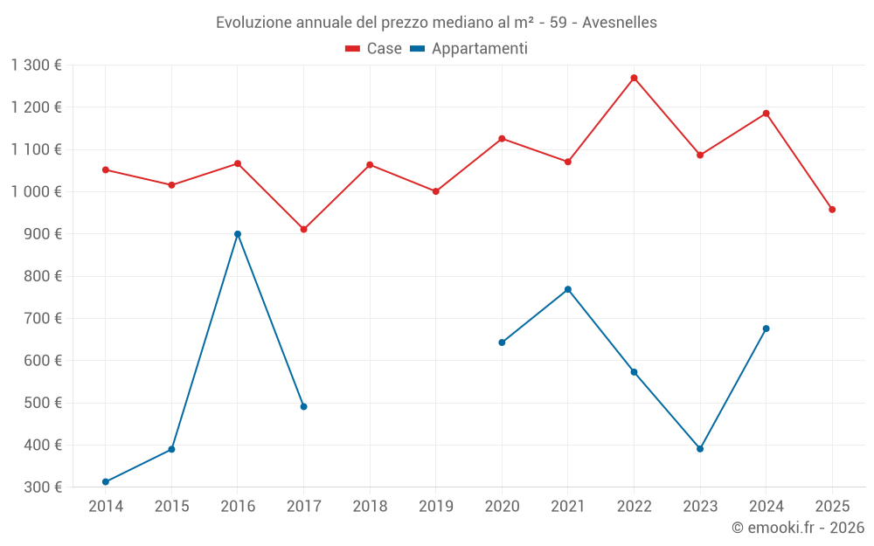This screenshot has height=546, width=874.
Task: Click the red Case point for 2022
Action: point(634,78)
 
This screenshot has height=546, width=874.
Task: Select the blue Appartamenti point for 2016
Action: point(238,234)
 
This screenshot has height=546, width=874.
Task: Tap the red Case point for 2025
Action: point(832,210)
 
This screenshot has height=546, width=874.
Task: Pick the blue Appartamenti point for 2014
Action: point(106,481)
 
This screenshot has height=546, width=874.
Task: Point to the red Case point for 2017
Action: point(303,229)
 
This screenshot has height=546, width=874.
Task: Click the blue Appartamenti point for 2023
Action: point(700,449)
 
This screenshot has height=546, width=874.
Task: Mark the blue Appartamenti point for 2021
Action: point(568,289)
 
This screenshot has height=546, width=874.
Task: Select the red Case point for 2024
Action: point(766,114)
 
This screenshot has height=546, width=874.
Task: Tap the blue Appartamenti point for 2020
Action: point(502,342)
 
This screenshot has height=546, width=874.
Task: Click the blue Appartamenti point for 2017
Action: point(303,406)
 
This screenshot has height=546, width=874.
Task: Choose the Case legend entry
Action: point(374,49)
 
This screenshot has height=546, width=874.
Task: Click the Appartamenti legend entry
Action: point(469,49)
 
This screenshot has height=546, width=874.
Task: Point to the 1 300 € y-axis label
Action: point(36,65)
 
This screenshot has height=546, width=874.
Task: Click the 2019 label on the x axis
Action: point(436,506)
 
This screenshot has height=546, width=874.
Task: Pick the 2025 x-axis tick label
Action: point(832,506)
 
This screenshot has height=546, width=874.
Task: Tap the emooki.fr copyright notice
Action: point(797,528)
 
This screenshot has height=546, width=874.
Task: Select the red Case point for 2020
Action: point(502,138)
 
